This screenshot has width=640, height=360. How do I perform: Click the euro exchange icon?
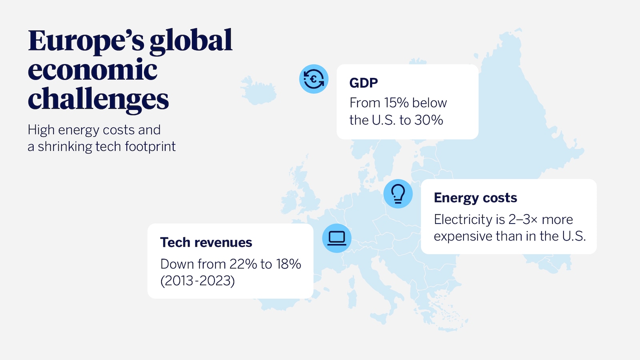pos(314,79)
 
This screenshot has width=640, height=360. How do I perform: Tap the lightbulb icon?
pos(398,194)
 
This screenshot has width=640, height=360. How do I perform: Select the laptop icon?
pos(337,238)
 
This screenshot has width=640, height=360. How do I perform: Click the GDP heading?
pos(364,83)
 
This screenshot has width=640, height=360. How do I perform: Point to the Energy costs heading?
pos(475,198)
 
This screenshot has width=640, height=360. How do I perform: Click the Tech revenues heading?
pos(206,242)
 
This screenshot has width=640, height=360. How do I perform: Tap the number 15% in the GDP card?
pos(396,103)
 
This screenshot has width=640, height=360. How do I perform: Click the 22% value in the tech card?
pos(243,264)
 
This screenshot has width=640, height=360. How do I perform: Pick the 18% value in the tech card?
pos(288,264)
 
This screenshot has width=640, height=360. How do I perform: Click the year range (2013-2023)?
pos(198,281)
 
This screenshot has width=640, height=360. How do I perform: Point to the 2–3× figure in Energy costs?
pos(523,219)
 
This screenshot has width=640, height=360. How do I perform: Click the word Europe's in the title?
pos(86,41)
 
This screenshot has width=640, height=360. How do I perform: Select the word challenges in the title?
pos(98,99)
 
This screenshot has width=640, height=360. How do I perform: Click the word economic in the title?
pos(93,70)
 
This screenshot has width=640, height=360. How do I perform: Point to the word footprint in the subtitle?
pos(150,147)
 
